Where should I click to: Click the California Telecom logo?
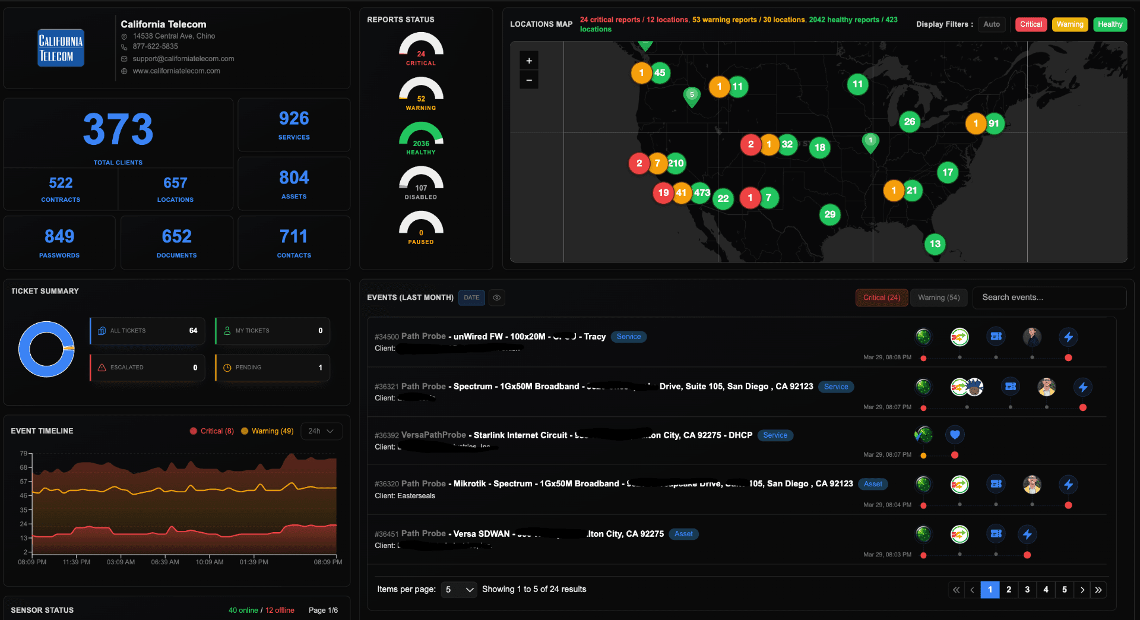point(61,48)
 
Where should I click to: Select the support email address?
point(183,59)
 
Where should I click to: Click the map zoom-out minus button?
point(529,80)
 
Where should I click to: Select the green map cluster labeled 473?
point(702,192)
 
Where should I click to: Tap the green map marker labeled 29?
point(829,214)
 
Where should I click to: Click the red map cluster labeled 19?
point(663,192)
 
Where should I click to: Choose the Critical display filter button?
point(1031,24)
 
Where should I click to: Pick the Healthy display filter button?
point(1109,24)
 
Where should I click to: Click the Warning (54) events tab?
point(938,298)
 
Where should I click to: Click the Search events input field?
point(1049,298)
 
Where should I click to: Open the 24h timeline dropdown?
point(321,431)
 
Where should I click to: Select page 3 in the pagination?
point(1027,590)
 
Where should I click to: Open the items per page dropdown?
point(458,590)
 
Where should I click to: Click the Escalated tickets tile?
point(147,368)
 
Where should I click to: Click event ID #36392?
point(387,436)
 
